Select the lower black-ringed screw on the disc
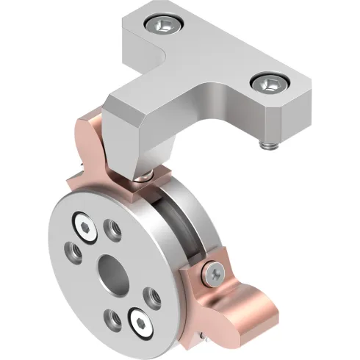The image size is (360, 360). click(x=140, y=318)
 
